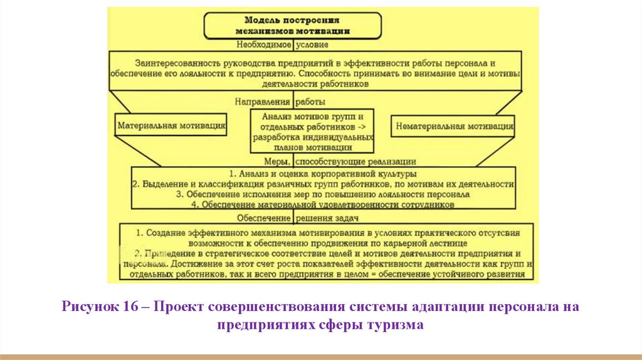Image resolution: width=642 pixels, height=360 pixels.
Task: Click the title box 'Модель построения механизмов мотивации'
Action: coord(293,24)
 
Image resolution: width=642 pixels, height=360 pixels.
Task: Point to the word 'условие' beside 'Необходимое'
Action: coord(312,45)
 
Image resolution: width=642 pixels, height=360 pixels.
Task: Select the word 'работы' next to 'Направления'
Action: coord(310,101)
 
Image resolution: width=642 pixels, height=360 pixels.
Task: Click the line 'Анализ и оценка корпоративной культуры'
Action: coord(324,172)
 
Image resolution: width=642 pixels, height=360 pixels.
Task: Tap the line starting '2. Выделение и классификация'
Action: coord(324,184)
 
